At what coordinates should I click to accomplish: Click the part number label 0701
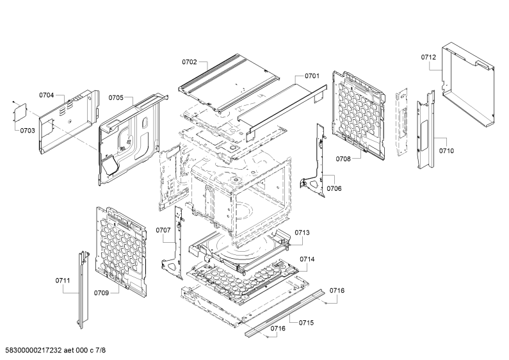tap(312, 76)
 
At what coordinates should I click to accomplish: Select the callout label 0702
tap(190, 62)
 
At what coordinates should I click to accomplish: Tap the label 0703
tap(28, 131)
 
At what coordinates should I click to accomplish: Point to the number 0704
tap(47, 95)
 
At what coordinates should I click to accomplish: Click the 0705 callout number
tap(116, 98)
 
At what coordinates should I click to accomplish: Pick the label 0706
tap(334, 188)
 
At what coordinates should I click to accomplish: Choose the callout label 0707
tap(163, 231)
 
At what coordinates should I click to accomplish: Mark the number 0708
tap(343, 159)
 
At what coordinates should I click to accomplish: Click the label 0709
tap(101, 293)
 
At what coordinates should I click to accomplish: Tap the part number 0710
tap(446, 151)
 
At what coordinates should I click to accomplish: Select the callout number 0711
tap(63, 281)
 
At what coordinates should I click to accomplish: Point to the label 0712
tap(428, 58)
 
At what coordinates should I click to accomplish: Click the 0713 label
tap(302, 233)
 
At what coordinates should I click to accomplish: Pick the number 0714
tap(307, 259)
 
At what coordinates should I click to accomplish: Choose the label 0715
tap(307, 323)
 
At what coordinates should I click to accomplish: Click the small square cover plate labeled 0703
tap(20, 112)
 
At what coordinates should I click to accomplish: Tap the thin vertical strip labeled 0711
tap(83, 289)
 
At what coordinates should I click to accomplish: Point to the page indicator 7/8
tap(101, 350)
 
